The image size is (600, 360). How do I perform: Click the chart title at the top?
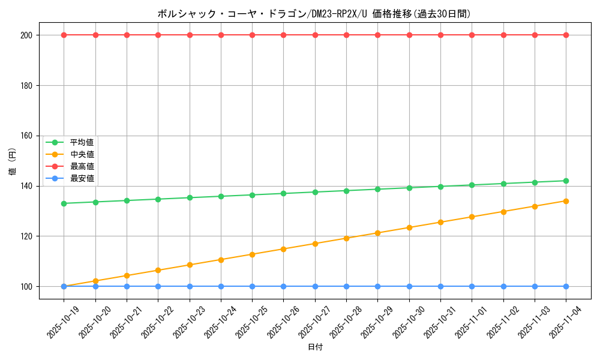click(x=314, y=14)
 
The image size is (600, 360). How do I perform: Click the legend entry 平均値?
click(x=82, y=142)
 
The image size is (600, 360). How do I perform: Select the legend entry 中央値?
click(x=82, y=154)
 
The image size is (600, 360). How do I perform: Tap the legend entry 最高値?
click(x=82, y=166)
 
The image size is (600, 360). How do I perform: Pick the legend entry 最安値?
click(x=82, y=178)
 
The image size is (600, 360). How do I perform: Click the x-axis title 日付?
click(x=315, y=347)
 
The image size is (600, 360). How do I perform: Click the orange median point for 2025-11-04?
click(x=566, y=201)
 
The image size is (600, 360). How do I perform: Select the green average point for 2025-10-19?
click(x=64, y=203)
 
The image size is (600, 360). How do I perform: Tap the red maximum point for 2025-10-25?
click(x=252, y=35)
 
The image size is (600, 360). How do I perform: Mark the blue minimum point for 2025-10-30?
click(x=409, y=286)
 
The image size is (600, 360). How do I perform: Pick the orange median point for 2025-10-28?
click(x=346, y=238)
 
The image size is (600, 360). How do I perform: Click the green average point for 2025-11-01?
click(x=472, y=185)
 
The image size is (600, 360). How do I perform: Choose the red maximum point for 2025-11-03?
click(x=535, y=35)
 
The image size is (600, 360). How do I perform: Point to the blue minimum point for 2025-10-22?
click(x=158, y=286)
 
